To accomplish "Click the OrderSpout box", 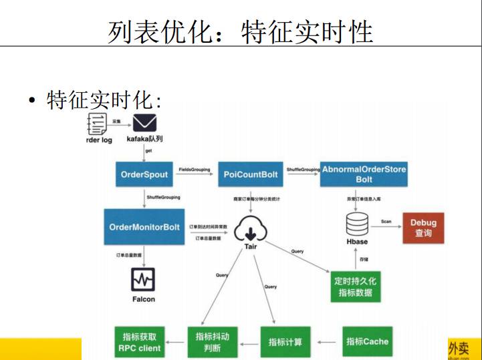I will (144, 174).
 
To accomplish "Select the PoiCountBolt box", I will (251, 174).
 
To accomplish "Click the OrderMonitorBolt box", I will (144, 227).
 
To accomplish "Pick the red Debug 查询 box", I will (423, 228).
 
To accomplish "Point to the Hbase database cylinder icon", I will (357, 224).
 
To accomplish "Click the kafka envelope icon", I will (144, 123).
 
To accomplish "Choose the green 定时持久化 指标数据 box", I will (357, 287).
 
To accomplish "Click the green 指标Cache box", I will (367, 341).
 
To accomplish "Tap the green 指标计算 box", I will (285, 342).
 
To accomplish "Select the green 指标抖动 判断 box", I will (212, 342).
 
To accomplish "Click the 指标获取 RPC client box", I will (140, 342).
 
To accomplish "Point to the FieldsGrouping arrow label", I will (195, 170).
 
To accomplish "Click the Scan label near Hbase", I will (386, 221).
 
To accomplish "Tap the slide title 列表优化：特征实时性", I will (240, 32).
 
